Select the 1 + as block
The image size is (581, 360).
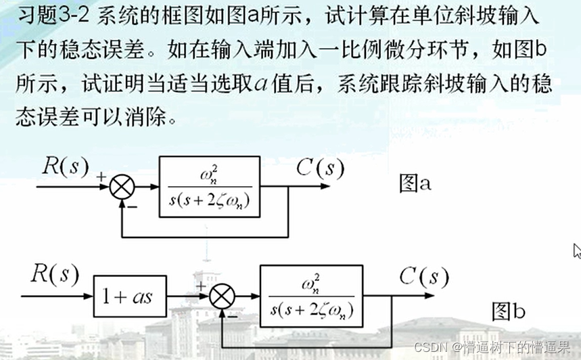coord(127,296)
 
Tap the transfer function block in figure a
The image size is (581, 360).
coord(209,186)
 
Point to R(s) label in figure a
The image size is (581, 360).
coord(66,167)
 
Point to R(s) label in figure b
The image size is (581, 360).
coord(55,275)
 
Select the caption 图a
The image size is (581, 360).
coord(415,183)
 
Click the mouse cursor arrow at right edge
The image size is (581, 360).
coord(576,250)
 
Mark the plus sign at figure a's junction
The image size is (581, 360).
coord(101,177)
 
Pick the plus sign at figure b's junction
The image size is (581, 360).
coord(201,286)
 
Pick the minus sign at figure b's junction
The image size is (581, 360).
coord(232,314)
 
